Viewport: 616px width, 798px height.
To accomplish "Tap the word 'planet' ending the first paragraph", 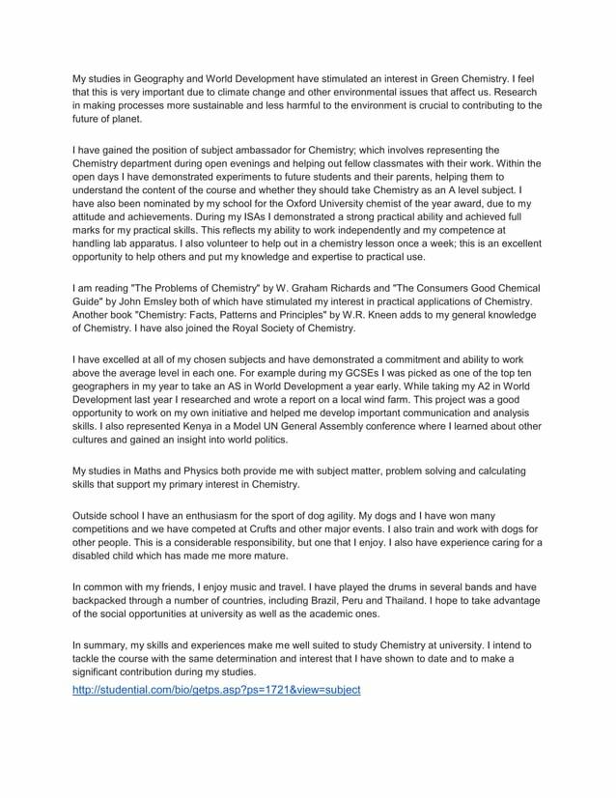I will (126, 120).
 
